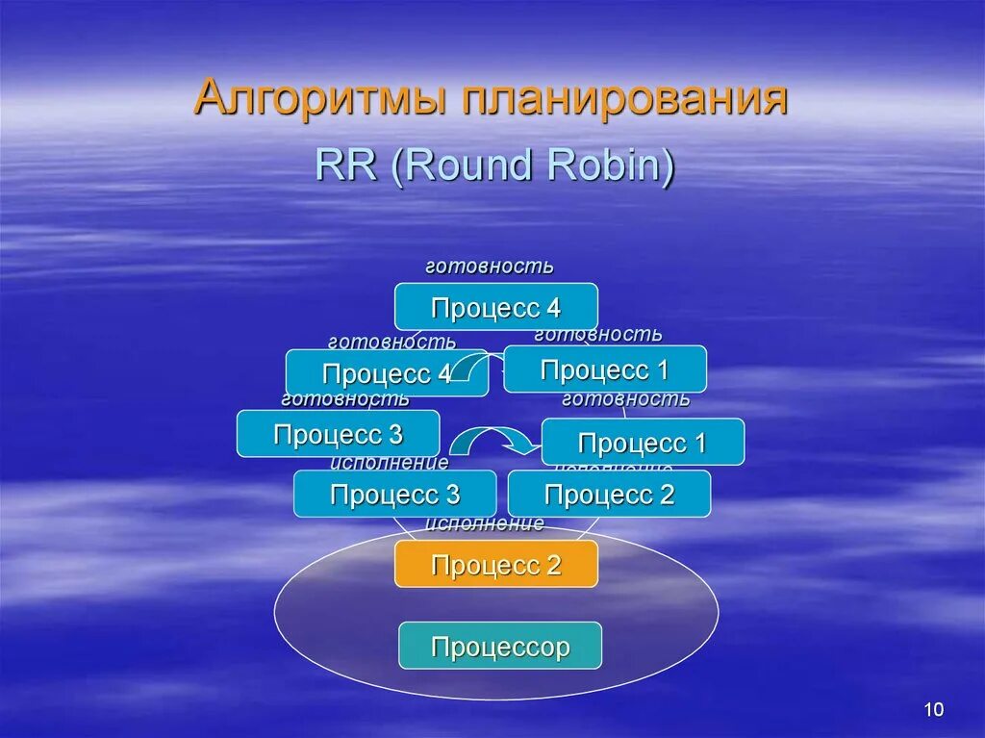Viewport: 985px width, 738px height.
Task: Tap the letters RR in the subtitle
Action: (x=346, y=165)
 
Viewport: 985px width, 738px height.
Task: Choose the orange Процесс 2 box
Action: (x=495, y=564)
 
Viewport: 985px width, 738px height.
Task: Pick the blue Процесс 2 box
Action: (x=609, y=495)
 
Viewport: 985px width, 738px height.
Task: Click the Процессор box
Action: (x=500, y=646)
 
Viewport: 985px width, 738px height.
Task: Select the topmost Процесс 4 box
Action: (x=495, y=307)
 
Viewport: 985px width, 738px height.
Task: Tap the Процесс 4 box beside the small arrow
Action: (x=386, y=373)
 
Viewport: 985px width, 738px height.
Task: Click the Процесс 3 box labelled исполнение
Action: (x=394, y=495)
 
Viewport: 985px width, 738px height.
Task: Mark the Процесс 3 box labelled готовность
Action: (x=338, y=434)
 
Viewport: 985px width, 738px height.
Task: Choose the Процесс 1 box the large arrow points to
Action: (x=643, y=443)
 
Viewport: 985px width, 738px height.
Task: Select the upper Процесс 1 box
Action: (x=605, y=369)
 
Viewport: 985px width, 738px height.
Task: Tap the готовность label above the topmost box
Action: (x=490, y=266)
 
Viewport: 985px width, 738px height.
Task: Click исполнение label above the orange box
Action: (x=485, y=523)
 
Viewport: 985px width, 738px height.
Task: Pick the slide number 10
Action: (x=933, y=710)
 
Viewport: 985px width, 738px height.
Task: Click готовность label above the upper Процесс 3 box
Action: (x=345, y=398)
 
